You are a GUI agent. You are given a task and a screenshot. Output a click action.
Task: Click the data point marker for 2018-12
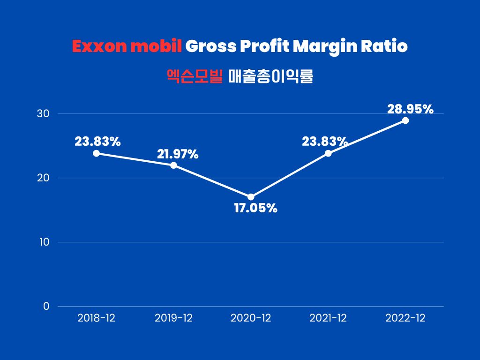click(x=96, y=153)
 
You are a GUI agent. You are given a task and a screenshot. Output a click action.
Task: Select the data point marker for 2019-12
click(x=173, y=165)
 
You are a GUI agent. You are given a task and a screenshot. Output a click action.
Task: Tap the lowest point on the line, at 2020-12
click(x=251, y=197)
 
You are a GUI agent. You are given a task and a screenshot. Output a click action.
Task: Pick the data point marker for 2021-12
click(x=328, y=153)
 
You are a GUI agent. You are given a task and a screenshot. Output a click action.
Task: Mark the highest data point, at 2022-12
click(x=405, y=120)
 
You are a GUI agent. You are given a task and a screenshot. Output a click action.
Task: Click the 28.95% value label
click(x=410, y=109)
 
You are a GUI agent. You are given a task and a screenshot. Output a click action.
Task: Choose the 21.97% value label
click(x=177, y=154)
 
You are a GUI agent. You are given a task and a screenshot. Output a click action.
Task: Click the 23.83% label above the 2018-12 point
click(x=98, y=142)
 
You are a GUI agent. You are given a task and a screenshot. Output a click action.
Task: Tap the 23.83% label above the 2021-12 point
click(x=325, y=142)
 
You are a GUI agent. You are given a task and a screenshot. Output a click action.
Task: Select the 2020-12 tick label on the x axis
click(x=251, y=318)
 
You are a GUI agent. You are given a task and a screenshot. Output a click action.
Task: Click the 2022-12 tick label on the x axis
click(x=405, y=318)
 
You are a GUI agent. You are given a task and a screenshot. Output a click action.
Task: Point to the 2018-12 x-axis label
click(x=96, y=318)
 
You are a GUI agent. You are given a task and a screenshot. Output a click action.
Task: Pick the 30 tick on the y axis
click(x=44, y=114)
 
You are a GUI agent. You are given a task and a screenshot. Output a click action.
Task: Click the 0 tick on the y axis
click(x=46, y=307)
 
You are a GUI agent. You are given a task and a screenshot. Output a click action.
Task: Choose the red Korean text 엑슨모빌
click(x=195, y=76)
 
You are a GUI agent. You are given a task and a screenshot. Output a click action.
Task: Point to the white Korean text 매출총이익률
click(x=270, y=76)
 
